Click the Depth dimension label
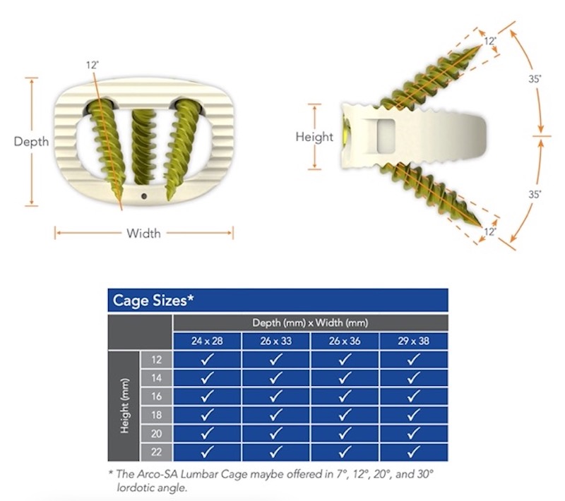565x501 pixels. [31, 141]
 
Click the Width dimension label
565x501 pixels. [144, 234]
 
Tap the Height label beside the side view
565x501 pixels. [314, 137]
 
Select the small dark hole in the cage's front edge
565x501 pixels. [144, 196]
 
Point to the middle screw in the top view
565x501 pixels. [143, 147]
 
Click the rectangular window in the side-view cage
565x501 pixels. [386, 135]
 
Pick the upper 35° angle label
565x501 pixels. [535, 78]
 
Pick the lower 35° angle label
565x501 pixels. [535, 194]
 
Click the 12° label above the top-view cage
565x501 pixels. [93, 65]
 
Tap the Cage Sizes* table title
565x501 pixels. [153, 300]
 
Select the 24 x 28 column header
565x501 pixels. [207, 341]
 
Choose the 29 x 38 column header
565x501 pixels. [414, 341]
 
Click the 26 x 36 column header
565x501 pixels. [345, 341]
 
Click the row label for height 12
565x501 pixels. [156, 360]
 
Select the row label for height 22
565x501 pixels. [156, 452]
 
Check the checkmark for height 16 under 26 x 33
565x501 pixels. [276, 397]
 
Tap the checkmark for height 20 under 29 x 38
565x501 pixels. [414, 433]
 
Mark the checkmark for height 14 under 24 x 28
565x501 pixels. [207, 378]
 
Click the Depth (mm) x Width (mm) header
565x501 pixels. [310, 322]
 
